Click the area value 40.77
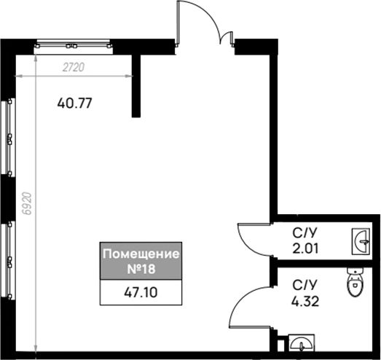(74, 103)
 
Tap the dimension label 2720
(74, 67)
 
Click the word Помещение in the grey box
(141, 254)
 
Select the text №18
(141, 269)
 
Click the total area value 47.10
(141, 292)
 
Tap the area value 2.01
(305, 249)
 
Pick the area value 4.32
(305, 302)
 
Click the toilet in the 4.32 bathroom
(356, 282)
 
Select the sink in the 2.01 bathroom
(361, 242)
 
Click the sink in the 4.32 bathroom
(302, 343)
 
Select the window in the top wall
(73, 46)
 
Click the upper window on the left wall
(8, 136)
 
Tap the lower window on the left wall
(8, 260)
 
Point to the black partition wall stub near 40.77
(136, 86)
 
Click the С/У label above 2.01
(305, 233)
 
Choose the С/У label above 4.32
(305, 285)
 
